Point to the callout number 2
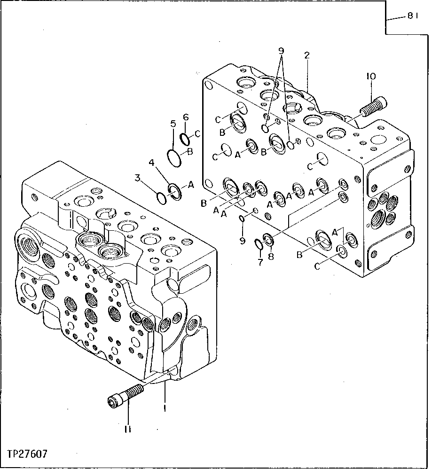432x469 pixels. click(306, 55)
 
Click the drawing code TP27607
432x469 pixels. click(27, 454)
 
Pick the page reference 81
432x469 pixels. click(413, 16)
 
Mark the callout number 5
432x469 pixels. click(173, 124)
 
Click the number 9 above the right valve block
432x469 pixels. click(281, 50)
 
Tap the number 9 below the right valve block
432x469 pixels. click(243, 241)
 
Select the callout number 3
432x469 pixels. click(137, 178)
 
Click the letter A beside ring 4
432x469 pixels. click(191, 185)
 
